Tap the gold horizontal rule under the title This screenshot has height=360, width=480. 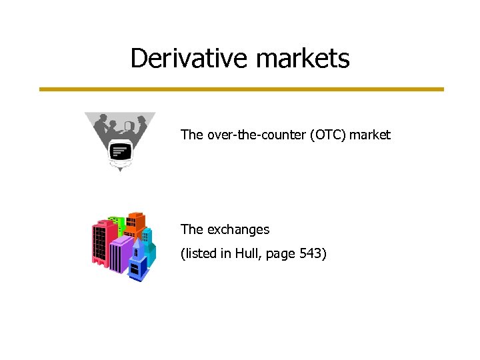pyautogui.click(x=241, y=89)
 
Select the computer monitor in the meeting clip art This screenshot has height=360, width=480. pyautogui.click(x=120, y=153)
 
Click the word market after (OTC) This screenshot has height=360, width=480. pyautogui.click(x=370, y=135)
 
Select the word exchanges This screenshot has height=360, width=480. pyautogui.click(x=238, y=229)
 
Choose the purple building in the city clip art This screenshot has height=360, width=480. pyautogui.click(x=121, y=257)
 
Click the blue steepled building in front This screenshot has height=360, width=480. pyautogui.click(x=139, y=263)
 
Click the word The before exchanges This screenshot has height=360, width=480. pyautogui.click(x=191, y=229)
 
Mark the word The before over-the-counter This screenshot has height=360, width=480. pyautogui.click(x=191, y=135)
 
